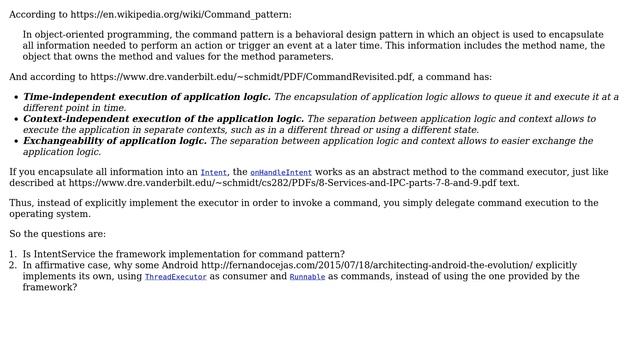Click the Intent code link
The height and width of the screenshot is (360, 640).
point(214,173)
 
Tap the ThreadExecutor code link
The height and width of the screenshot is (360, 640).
point(175,277)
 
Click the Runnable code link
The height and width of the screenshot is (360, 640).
point(307,277)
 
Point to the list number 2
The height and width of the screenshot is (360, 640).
point(13,265)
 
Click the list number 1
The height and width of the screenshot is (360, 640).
point(13,254)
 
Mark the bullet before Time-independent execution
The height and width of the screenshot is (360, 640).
point(14,98)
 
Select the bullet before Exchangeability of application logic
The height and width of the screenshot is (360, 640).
point(14,142)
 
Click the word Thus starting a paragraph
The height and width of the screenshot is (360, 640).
point(21,203)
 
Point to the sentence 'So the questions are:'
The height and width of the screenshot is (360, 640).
point(57,234)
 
